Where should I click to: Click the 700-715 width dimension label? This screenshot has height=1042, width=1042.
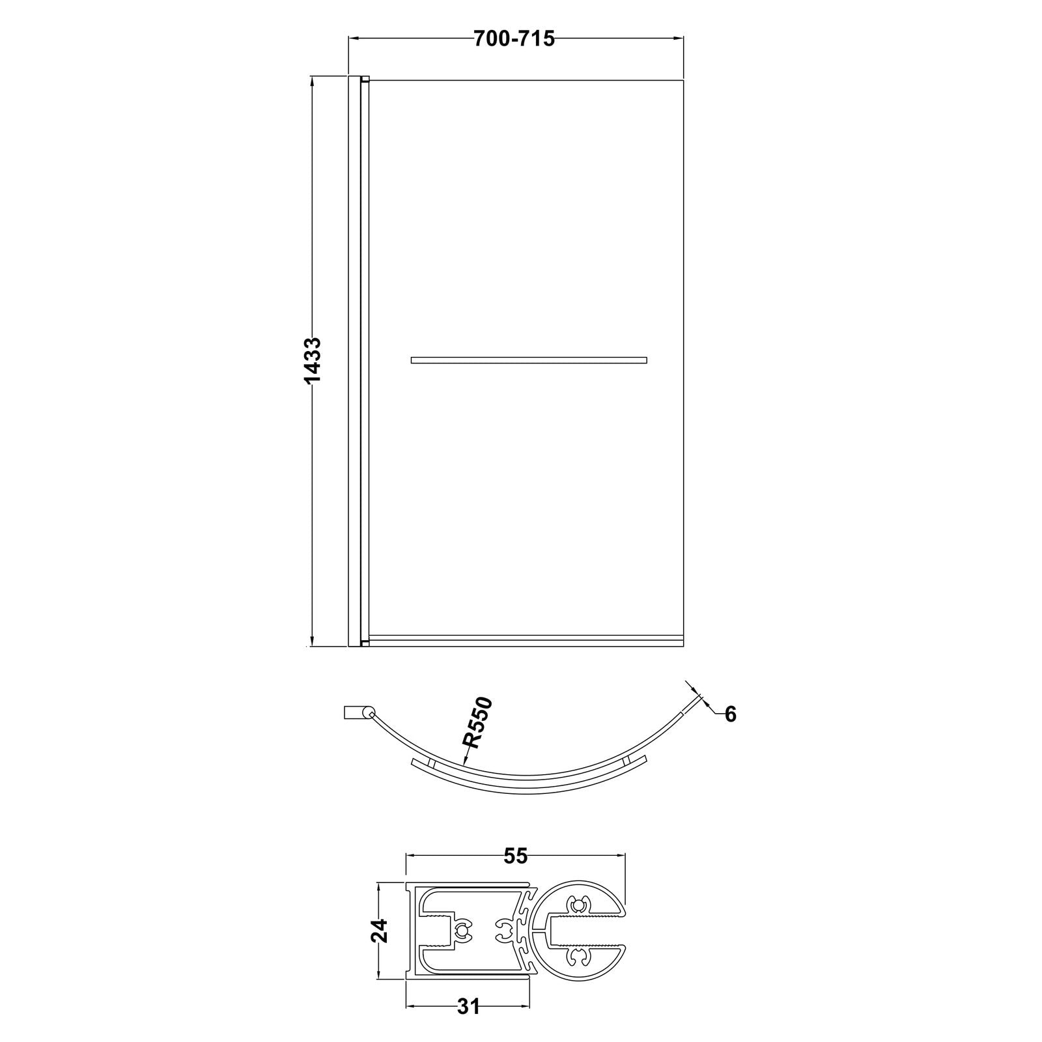(514, 39)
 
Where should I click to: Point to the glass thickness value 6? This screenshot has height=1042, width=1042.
(730, 714)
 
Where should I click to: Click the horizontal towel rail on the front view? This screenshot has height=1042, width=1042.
(529, 359)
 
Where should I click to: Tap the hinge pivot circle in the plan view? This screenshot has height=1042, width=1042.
(369, 713)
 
